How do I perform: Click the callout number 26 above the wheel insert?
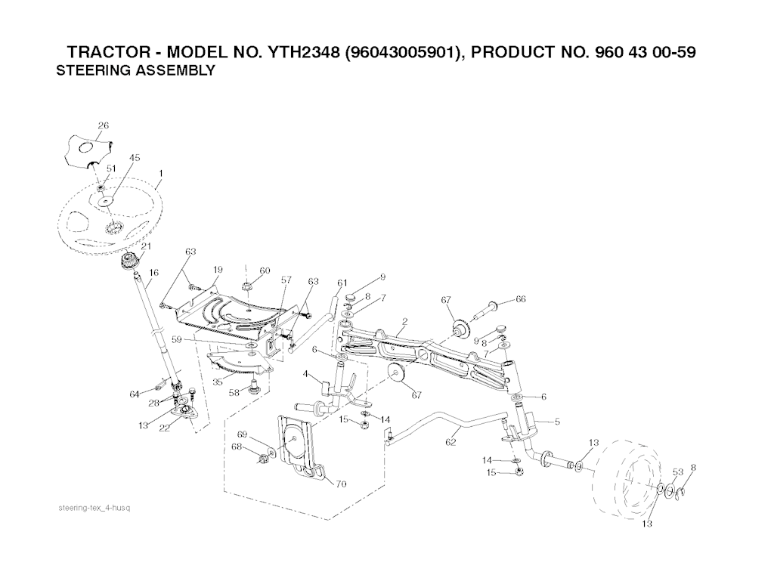pyautogui.click(x=103, y=125)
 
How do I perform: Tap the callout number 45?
pyautogui.click(x=135, y=157)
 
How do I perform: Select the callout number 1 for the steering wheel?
pyautogui.click(x=161, y=173)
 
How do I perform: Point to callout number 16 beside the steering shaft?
pyautogui.click(x=154, y=272)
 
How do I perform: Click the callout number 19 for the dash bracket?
pyautogui.click(x=218, y=270)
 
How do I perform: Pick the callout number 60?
pyautogui.click(x=265, y=270)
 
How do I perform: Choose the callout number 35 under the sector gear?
pyautogui.click(x=218, y=382)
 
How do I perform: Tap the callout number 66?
pyautogui.click(x=520, y=298)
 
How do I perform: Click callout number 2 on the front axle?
pyautogui.click(x=405, y=321)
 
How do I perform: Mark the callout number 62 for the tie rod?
pyautogui.click(x=450, y=442)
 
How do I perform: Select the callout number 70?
pyautogui.click(x=341, y=484)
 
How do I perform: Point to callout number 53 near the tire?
pyautogui.click(x=678, y=471)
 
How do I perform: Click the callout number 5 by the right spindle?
pyautogui.click(x=557, y=422)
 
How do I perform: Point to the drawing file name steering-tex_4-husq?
pyautogui.click(x=94, y=508)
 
